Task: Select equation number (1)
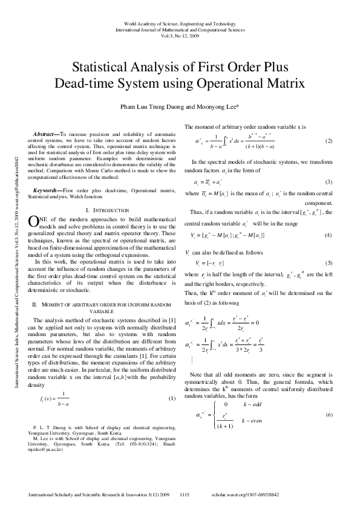(x=171, y=398)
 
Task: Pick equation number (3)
(x=329, y=182)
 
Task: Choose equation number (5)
(x=329, y=263)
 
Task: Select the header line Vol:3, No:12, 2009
(x=180, y=35)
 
